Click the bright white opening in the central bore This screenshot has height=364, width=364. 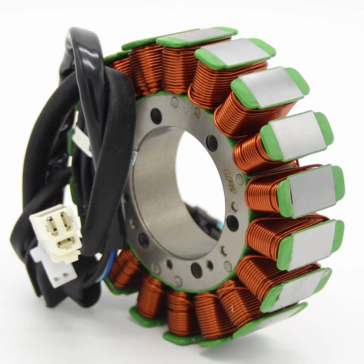tap(199, 176)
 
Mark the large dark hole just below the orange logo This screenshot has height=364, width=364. tap(233, 223)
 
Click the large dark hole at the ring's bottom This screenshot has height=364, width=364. tap(196, 270)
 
